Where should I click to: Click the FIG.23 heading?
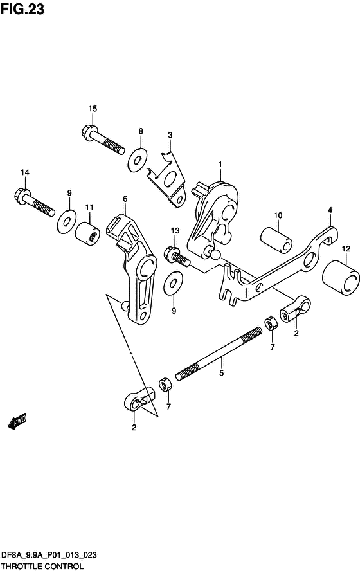[x=22, y=8]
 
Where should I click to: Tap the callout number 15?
[x=93, y=109]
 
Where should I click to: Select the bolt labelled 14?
[x=35, y=202]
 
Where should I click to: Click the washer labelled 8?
[x=138, y=159]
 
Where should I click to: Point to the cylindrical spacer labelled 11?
[x=87, y=233]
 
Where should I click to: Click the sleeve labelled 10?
[x=276, y=240]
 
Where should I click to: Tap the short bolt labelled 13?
[x=177, y=256]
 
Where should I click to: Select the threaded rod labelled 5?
[x=219, y=354]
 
